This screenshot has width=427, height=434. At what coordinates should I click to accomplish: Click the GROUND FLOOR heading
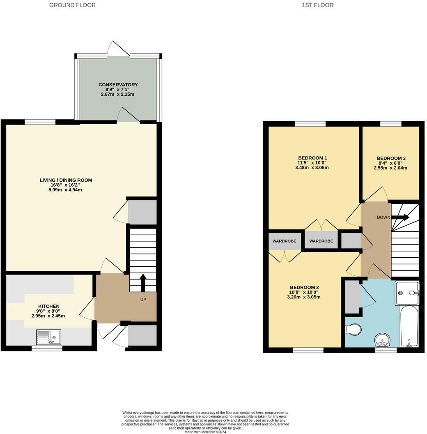[x=72, y=5]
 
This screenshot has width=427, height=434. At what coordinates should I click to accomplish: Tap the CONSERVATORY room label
[x=118, y=85]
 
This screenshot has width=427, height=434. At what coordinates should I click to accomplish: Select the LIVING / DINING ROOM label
[x=66, y=180]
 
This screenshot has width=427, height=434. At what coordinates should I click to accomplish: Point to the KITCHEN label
[x=49, y=306]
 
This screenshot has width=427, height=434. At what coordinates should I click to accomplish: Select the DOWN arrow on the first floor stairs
[x=400, y=217]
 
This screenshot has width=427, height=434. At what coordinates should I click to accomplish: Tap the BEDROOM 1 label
[x=312, y=158]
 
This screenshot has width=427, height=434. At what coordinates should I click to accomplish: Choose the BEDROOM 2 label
[x=304, y=287]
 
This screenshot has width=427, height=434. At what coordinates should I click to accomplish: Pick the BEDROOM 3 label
[x=391, y=158]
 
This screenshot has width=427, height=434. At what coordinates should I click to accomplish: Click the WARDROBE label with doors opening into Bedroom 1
[x=321, y=241]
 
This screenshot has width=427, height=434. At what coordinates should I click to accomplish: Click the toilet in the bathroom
[x=353, y=329]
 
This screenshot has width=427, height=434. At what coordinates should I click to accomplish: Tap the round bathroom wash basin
[x=382, y=340]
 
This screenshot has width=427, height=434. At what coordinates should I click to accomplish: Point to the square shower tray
[x=407, y=293]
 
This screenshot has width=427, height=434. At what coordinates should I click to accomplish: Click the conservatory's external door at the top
[x=118, y=49]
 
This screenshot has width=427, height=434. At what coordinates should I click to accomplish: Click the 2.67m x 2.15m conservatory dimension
[x=118, y=95]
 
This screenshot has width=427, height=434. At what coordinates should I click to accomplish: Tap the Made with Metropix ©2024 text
[x=205, y=432]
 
